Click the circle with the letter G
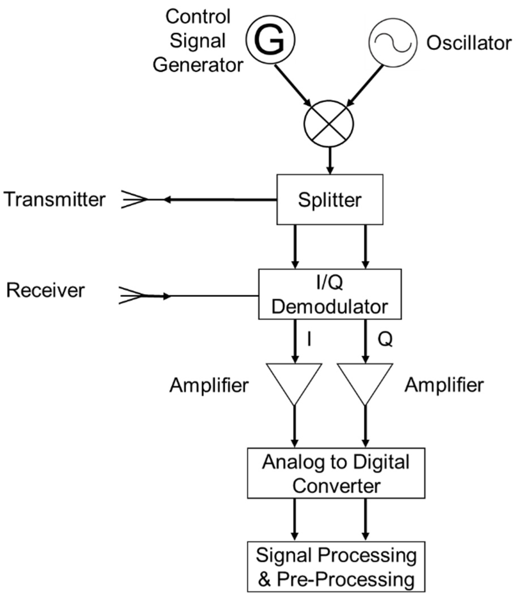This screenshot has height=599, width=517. [x=270, y=40]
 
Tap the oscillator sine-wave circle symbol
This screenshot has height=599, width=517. [x=393, y=42]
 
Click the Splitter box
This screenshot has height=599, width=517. [x=330, y=199]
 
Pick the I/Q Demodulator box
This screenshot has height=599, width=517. [x=330, y=294]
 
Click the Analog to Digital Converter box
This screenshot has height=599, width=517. [x=336, y=473]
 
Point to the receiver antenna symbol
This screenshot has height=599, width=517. [x=131, y=295]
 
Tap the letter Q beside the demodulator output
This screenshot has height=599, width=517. [x=385, y=339]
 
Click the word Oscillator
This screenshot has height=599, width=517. [x=469, y=43]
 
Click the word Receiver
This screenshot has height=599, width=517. [x=46, y=290]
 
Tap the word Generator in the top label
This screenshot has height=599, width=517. [x=198, y=65]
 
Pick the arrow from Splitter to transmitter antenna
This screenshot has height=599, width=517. [x=220, y=199]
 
